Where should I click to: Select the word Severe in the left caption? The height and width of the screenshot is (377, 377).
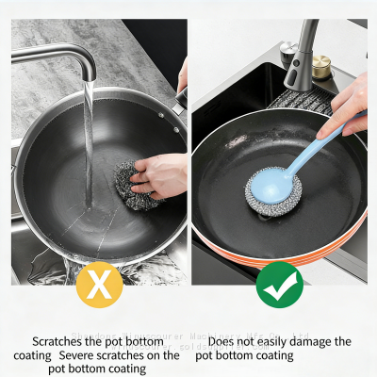click(81, 355)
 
